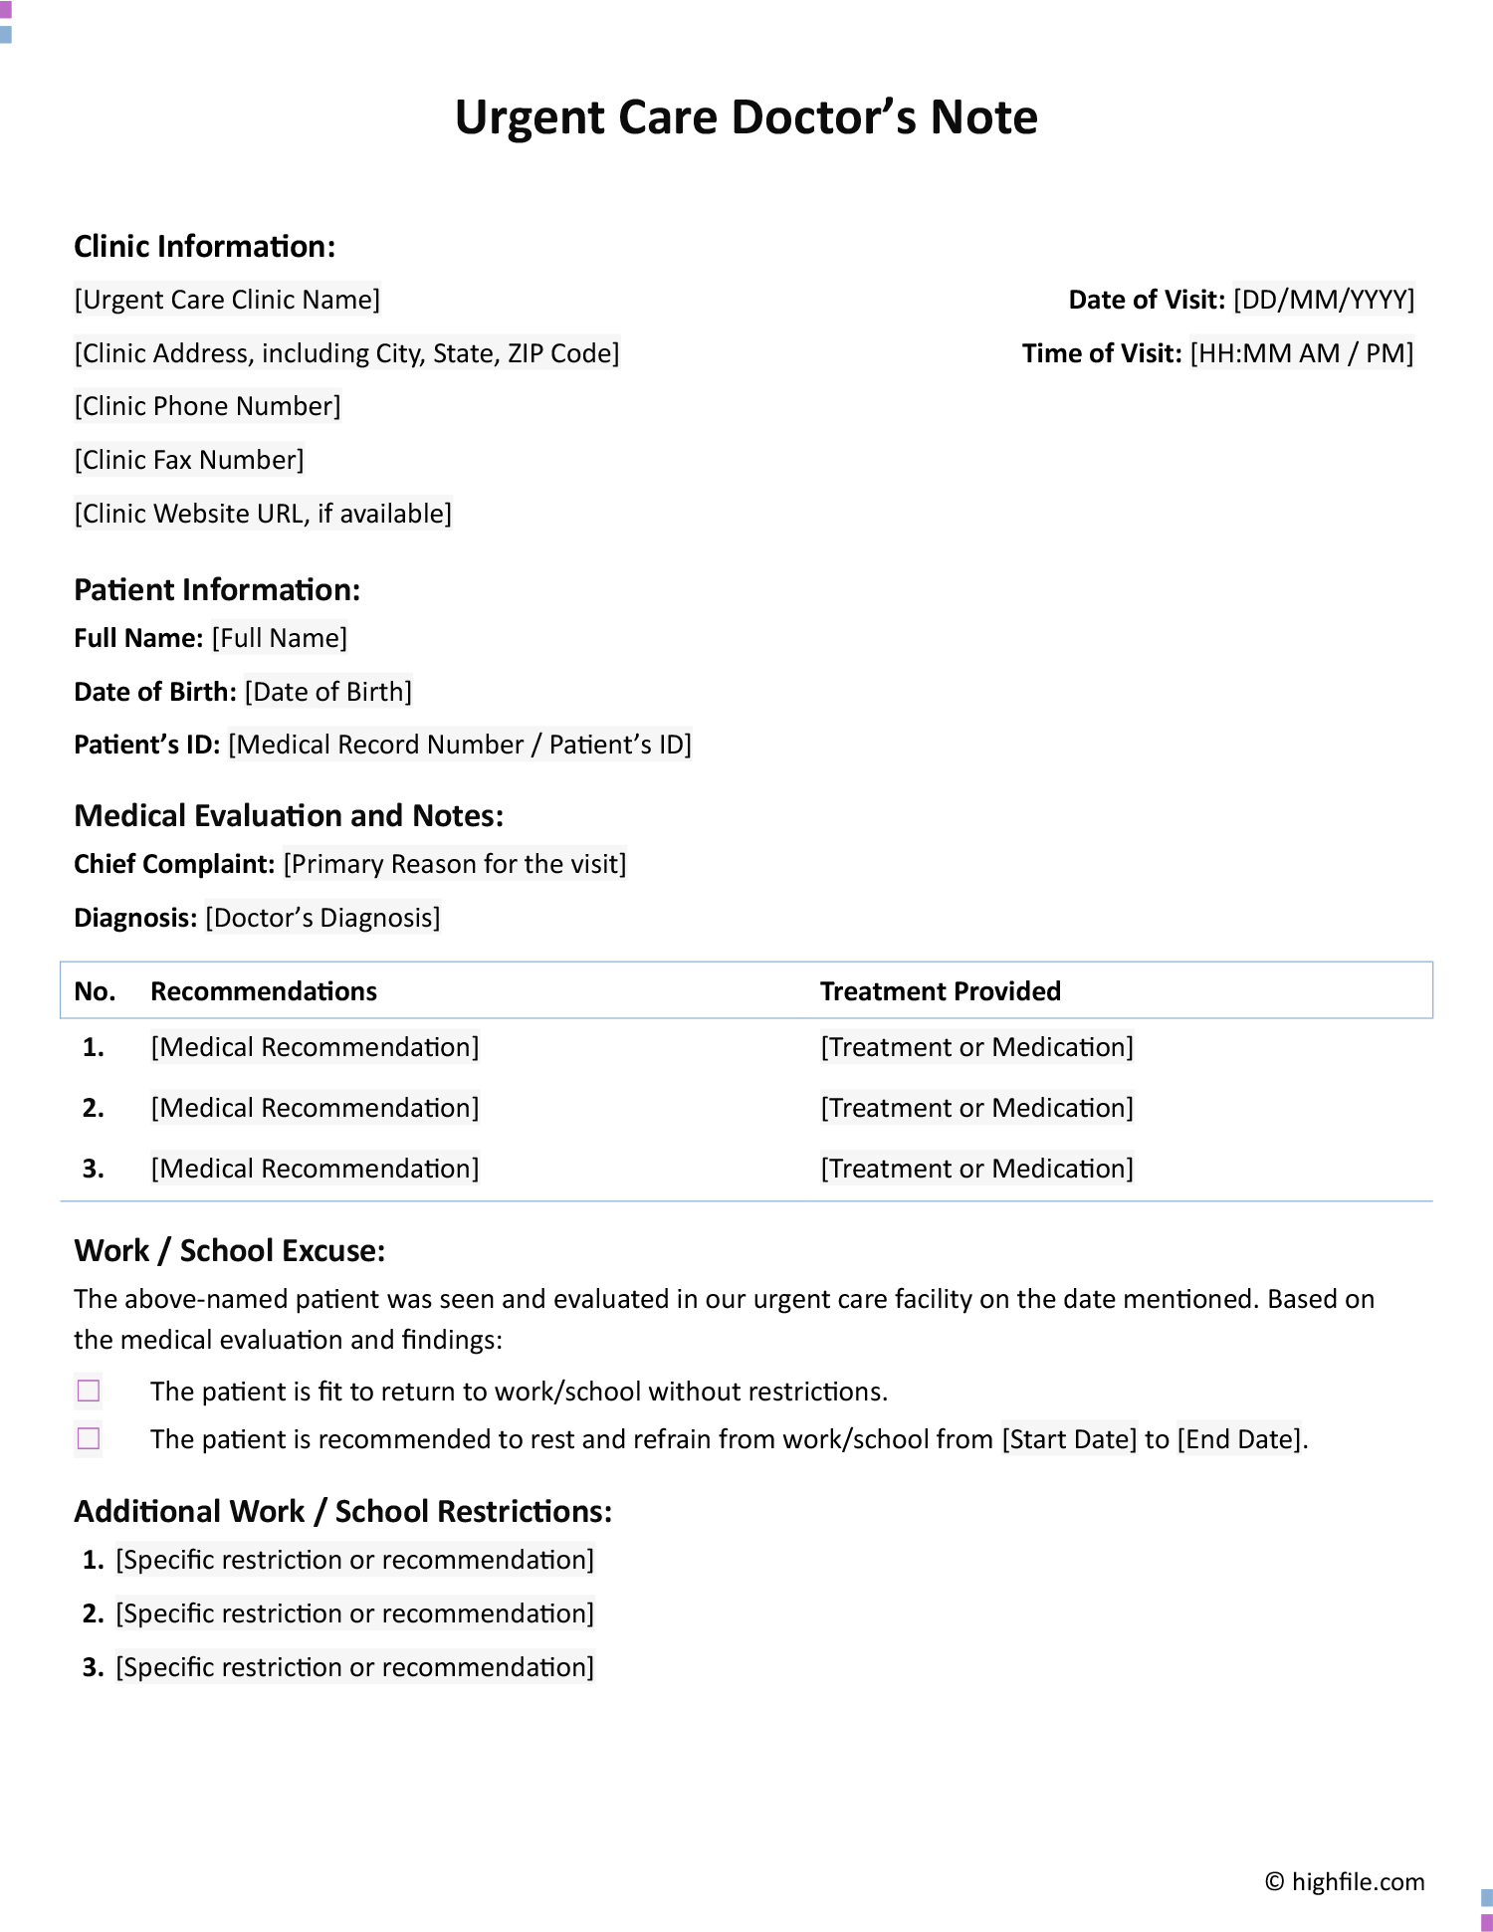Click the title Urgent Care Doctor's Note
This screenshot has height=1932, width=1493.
(x=746, y=117)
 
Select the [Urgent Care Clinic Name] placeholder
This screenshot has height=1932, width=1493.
(x=227, y=300)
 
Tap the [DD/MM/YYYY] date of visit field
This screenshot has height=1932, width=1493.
(x=1323, y=300)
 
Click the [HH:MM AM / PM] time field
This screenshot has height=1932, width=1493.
(x=1301, y=353)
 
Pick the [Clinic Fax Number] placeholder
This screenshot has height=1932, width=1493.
(x=189, y=460)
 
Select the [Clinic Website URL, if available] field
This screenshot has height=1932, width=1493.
(x=263, y=514)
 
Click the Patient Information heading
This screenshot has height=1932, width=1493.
(x=217, y=589)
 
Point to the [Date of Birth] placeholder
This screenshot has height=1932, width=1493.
(x=328, y=692)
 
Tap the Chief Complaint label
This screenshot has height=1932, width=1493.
(x=174, y=864)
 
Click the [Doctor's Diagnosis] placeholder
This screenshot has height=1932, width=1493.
(x=322, y=918)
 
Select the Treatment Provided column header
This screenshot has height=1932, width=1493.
(x=940, y=991)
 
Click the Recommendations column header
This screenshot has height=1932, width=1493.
(x=264, y=991)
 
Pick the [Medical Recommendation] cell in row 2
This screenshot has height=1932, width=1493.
(x=315, y=1108)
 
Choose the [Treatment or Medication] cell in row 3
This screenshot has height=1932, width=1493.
(x=976, y=1169)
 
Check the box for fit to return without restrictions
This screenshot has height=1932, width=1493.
(x=89, y=1391)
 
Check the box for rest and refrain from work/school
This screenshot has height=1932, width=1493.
(x=89, y=1438)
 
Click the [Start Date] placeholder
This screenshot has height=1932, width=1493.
(x=1069, y=1439)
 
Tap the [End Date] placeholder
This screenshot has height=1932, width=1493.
(x=1239, y=1439)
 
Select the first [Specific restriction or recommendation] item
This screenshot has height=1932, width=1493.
(x=354, y=1560)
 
